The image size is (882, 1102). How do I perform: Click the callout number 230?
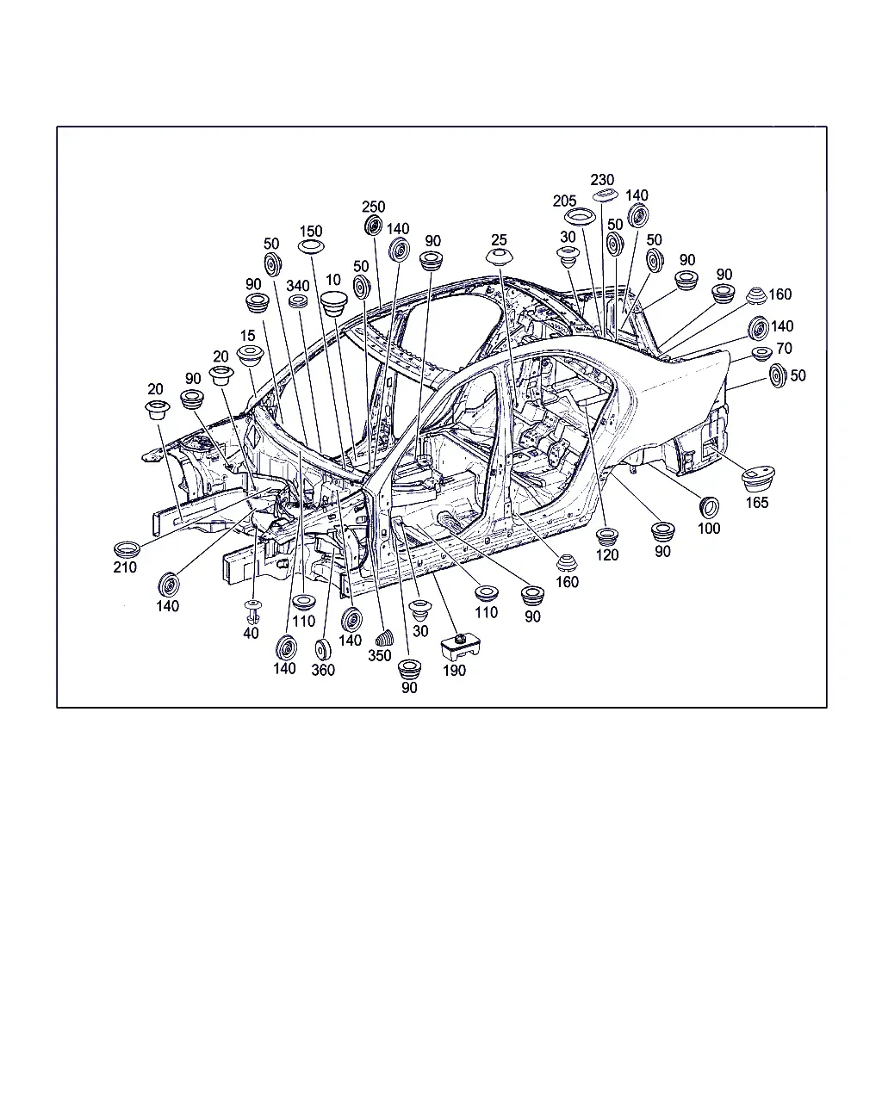(x=602, y=180)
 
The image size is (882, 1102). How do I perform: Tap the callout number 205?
(x=564, y=201)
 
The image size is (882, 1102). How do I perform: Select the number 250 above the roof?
(x=373, y=207)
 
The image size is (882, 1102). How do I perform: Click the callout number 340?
(x=298, y=285)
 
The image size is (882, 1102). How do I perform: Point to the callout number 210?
(x=125, y=566)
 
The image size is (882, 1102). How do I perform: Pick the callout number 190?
(x=454, y=671)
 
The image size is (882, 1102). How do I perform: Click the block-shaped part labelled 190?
(x=460, y=647)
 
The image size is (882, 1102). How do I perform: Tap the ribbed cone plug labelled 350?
(x=385, y=639)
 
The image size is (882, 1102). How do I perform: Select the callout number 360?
(x=323, y=670)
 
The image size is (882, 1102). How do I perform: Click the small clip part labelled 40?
(x=252, y=611)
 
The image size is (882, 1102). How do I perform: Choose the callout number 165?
(x=757, y=502)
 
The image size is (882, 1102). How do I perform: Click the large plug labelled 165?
(x=759, y=479)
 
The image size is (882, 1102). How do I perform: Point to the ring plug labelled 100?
(x=709, y=507)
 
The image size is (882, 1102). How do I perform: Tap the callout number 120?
(x=606, y=554)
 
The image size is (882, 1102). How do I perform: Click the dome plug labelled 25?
(x=500, y=257)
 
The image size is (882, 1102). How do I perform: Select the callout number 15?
(x=247, y=336)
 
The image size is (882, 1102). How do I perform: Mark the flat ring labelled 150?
(x=311, y=247)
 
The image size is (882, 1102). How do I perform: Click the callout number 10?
(x=333, y=280)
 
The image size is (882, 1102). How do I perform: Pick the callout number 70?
(x=784, y=348)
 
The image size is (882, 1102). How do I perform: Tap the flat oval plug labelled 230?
(x=606, y=195)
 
